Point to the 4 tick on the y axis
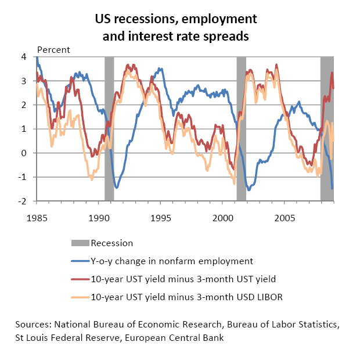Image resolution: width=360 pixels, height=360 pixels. (25, 57)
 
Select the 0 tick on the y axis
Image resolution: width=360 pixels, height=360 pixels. (25, 153)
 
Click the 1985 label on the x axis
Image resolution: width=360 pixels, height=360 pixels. (36, 218)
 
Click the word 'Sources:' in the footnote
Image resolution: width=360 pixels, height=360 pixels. (34, 323)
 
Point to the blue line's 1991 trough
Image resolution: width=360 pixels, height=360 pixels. (117, 188)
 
